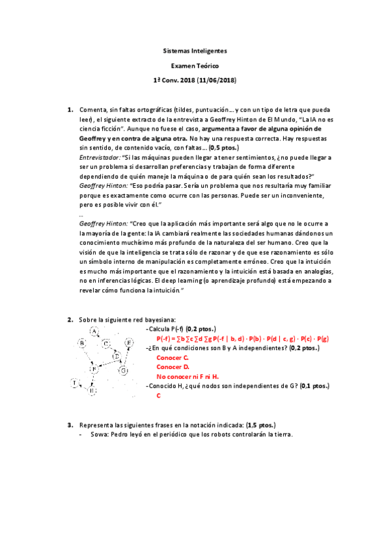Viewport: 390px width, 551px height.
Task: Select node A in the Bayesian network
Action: point(94,332)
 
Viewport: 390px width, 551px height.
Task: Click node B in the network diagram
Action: point(83,342)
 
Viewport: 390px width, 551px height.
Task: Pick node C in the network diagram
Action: point(106,343)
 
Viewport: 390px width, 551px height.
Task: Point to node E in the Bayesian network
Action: point(129,342)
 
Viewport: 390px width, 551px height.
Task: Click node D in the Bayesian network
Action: point(116,357)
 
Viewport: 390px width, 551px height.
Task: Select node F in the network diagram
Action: point(94,368)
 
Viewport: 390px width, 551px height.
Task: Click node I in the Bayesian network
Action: point(75,382)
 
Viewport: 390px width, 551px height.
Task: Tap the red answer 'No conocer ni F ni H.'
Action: point(188,376)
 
